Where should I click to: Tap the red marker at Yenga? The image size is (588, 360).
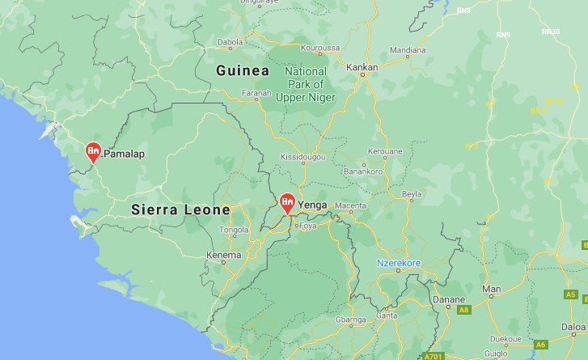point(287,202)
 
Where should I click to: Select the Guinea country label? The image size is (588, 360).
point(243,72)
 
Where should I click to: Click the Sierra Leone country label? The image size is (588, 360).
point(180,210)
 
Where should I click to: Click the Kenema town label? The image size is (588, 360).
point(224,256)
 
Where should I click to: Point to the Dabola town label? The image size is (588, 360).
point(230,42)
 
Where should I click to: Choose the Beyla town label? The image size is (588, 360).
point(412,196)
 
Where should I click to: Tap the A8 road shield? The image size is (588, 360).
point(463,310)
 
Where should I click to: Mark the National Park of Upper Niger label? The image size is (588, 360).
point(305,84)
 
